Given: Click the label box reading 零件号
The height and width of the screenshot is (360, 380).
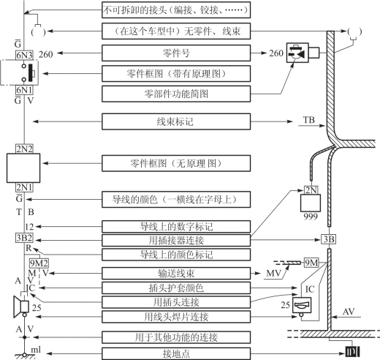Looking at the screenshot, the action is (176, 53).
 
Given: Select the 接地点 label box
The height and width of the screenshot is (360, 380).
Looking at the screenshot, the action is (176, 353).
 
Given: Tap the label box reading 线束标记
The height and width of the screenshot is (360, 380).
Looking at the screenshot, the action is (176, 121).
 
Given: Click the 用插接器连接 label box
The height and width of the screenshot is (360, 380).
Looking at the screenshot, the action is (176, 241).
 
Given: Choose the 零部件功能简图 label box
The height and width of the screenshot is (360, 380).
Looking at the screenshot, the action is (176, 94).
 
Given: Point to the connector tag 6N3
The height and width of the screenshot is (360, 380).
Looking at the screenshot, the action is (24, 55).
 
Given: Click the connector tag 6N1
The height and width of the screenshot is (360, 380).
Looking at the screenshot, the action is (24, 90).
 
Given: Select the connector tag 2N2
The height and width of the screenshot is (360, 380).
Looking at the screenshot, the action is (24, 149).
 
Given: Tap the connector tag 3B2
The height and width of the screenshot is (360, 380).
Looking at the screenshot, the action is (24, 238).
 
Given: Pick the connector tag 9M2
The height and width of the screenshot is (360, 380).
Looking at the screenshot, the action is (39, 263).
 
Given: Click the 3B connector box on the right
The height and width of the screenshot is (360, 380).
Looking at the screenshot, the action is (328, 239).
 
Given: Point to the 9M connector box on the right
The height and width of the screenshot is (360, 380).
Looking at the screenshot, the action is (311, 263).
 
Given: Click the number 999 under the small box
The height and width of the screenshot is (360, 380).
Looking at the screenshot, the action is (311, 217).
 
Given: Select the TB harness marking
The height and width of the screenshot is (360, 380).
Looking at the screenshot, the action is (308, 120).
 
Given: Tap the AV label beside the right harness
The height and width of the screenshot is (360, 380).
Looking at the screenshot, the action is (349, 312).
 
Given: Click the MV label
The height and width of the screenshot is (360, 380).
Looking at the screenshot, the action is (273, 273).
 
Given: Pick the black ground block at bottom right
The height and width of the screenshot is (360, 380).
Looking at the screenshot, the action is (352, 352).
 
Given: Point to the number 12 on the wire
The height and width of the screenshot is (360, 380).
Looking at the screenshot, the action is (29, 227).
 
